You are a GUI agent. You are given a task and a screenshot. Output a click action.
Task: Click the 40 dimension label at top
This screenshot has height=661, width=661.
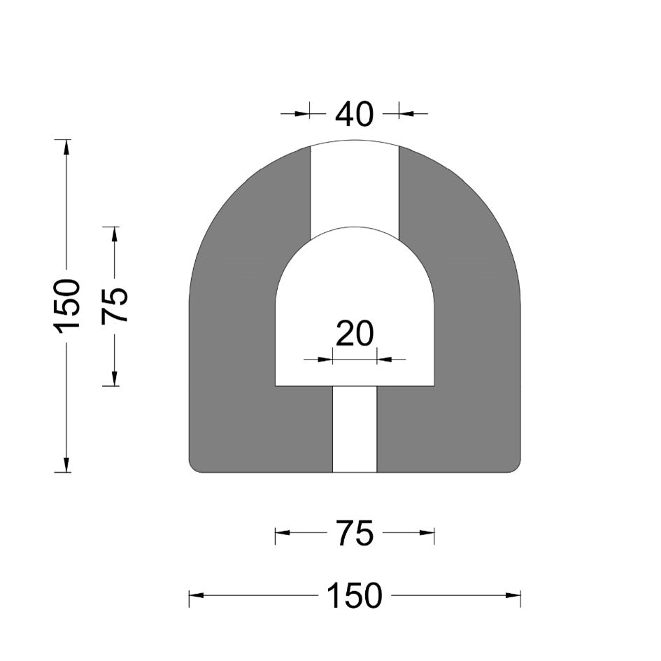pos(354,114)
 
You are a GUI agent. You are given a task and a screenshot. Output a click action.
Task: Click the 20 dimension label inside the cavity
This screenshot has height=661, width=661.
pos(355,334)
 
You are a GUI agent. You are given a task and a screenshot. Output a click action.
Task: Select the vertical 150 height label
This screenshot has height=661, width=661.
pos(66,306)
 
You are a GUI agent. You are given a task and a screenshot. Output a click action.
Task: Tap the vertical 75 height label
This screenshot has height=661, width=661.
pos(114,306)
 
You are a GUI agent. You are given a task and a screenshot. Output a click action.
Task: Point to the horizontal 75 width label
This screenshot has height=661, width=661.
pos(355,533)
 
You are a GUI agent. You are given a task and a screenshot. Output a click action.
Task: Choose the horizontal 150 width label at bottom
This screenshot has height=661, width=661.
pos(354,595)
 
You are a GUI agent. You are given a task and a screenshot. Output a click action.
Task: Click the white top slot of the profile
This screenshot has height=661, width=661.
pos(355,190)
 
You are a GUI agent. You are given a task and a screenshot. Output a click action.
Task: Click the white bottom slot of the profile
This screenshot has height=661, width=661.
pos(355,429)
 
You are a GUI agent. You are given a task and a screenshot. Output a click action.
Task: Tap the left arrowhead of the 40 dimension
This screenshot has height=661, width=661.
pos(303,113)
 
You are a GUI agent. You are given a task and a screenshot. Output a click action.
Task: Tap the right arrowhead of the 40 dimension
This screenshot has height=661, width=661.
pos(406,113)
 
